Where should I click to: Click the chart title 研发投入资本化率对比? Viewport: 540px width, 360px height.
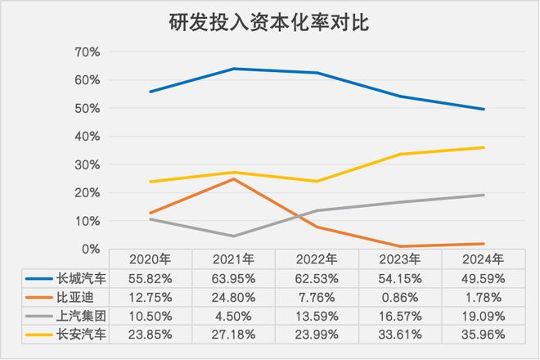[269, 22]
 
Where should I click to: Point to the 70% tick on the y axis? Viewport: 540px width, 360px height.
[86, 52]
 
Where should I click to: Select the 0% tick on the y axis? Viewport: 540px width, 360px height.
[90, 249]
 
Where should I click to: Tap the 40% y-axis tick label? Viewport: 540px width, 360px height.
[86, 137]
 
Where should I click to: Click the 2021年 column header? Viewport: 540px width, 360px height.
[233, 259]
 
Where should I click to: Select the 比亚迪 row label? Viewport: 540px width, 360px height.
[70, 296]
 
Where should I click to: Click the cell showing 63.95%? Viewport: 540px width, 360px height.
[233, 277]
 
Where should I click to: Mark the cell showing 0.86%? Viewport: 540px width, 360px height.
[400, 296]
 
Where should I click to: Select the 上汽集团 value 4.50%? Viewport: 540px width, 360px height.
[233, 315]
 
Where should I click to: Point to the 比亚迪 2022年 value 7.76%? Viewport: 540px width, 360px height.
[317, 296]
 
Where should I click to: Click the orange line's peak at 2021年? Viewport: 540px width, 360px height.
[233, 178]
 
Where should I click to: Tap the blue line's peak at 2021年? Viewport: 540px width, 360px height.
[233, 69]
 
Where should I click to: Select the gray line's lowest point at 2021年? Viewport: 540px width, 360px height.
[233, 236]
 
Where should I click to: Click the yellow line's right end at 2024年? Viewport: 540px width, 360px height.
[484, 147]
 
